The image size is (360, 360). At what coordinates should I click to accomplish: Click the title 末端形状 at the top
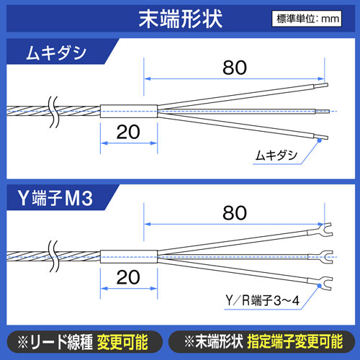click(181, 19)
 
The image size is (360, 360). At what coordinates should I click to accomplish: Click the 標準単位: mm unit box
click(307, 19)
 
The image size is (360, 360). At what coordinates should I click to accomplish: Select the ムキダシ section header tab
click(56, 53)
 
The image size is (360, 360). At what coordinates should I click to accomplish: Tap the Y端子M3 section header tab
click(55, 198)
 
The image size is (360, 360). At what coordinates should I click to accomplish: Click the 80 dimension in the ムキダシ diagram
click(235, 68)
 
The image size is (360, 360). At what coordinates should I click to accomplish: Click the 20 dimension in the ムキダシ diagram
click(128, 132)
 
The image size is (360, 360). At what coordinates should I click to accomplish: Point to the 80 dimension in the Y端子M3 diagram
click(235, 213)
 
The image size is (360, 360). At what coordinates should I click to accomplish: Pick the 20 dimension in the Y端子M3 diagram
click(128, 277)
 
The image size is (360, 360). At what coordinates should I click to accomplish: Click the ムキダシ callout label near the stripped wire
click(276, 156)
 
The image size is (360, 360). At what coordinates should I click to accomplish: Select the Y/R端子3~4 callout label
click(262, 300)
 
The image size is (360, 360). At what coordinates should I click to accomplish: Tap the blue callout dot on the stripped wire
click(320, 140)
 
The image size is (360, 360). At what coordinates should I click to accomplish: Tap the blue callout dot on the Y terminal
click(319, 286)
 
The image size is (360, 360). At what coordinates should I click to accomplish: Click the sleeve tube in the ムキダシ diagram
click(129, 112)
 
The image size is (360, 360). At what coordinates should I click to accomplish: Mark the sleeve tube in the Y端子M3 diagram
click(129, 257)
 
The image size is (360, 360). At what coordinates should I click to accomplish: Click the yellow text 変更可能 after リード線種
click(122, 342)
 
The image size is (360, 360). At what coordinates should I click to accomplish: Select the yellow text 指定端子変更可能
click(295, 341)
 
